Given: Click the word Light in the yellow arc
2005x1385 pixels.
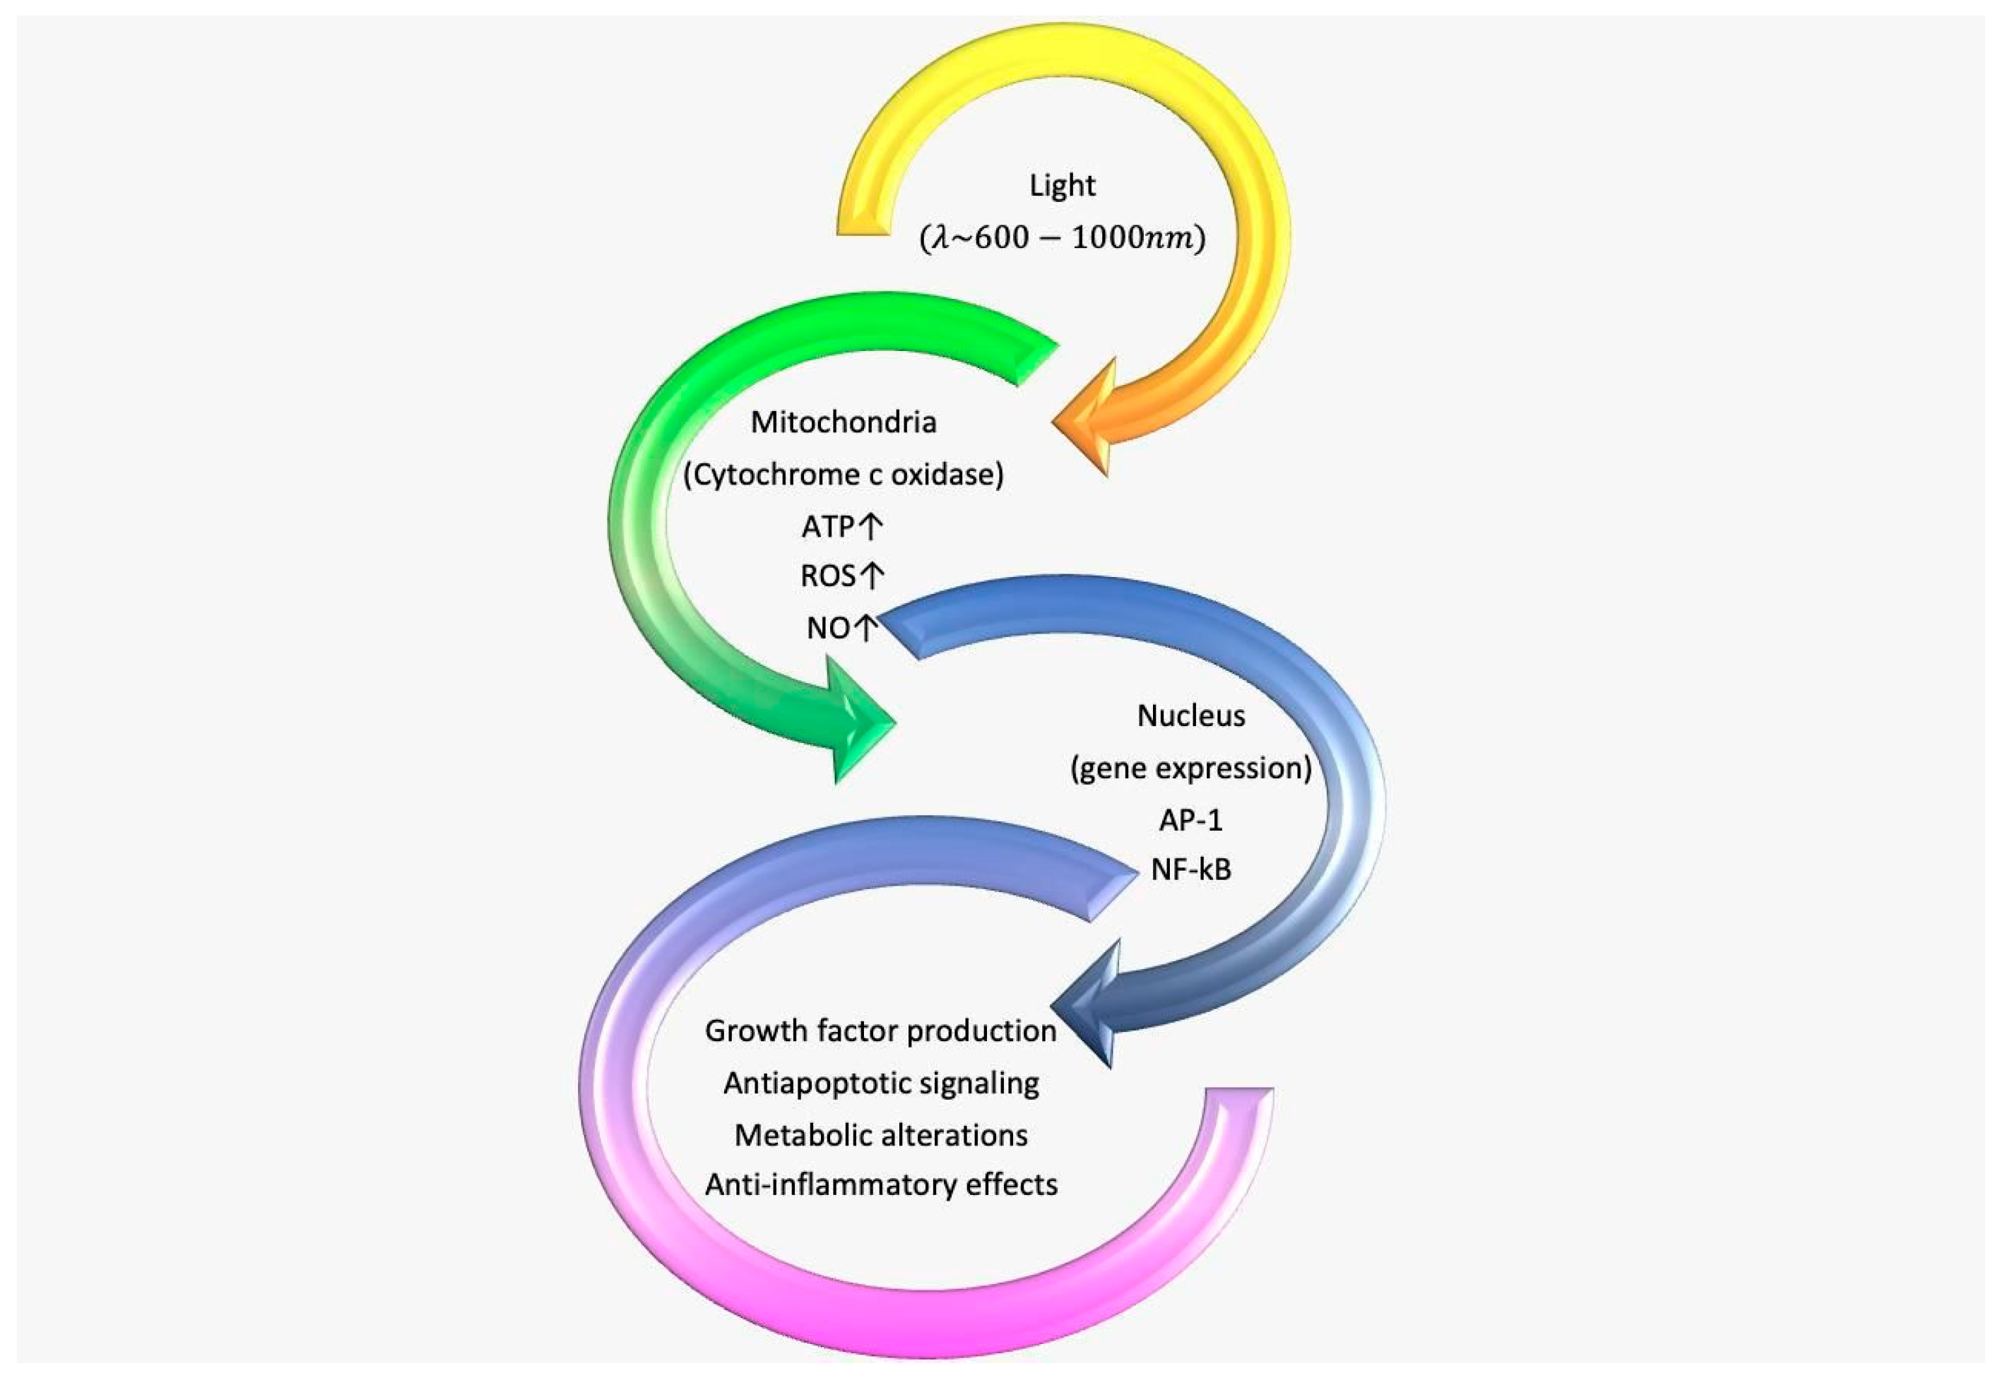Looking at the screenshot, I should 1062,186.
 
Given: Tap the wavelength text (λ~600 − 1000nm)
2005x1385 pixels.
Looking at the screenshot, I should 1062,239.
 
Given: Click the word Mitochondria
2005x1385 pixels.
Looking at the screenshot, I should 843,422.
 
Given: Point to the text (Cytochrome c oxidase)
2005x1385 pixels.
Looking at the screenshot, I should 843,475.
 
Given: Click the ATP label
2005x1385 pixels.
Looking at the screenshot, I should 828,527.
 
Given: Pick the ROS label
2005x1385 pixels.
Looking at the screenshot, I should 828,576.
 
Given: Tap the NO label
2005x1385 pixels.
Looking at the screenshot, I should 828,627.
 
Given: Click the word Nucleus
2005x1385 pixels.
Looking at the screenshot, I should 1191,716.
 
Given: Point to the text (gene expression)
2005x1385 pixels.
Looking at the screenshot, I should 1191,768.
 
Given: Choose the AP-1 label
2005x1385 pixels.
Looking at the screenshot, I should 1191,820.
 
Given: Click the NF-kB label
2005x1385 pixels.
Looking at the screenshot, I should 1191,869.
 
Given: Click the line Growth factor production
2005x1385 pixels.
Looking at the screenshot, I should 880,1031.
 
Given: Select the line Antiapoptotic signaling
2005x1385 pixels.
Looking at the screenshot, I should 880,1083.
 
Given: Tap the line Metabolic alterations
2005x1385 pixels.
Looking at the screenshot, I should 880,1135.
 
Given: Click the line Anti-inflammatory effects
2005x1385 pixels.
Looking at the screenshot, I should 880,1184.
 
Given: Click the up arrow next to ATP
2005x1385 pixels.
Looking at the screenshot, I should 871,526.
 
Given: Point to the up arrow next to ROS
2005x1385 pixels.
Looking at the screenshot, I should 873,576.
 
